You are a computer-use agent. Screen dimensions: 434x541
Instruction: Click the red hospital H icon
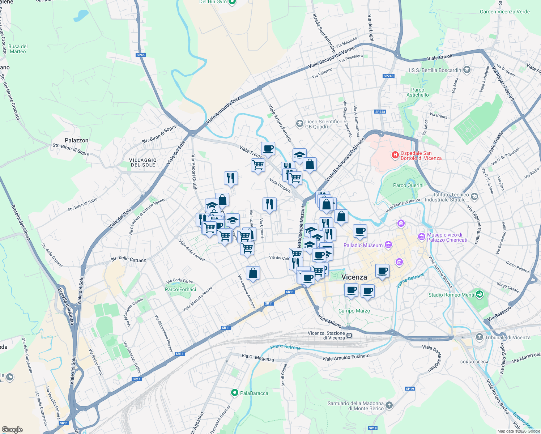[x=395, y=156]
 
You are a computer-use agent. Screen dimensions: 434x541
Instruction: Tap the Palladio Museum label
[x=363, y=245]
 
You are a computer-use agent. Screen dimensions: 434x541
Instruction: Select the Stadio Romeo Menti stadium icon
[x=480, y=294]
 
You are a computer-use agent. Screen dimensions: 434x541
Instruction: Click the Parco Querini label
[x=408, y=185]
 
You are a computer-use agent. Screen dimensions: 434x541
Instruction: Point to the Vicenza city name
[x=354, y=277]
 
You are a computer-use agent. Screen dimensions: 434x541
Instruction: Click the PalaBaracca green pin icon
[x=235, y=393]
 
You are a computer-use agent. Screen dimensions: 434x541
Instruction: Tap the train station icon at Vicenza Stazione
[x=349, y=335]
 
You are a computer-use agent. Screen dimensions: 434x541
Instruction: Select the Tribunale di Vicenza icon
[x=480, y=337]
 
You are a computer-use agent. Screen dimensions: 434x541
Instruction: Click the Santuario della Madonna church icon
[x=389, y=405]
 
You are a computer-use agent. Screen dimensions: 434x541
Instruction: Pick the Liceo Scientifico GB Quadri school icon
[x=299, y=124]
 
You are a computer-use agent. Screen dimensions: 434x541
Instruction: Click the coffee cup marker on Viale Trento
[x=268, y=148]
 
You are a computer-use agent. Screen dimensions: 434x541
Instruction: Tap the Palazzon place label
[x=76, y=140]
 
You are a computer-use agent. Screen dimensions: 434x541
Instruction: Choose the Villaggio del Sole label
[x=143, y=162]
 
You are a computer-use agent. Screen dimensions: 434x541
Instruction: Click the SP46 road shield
[x=140, y=55]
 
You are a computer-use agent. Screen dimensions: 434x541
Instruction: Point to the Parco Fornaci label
[x=180, y=289]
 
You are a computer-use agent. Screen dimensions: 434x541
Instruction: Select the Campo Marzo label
[x=354, y=311]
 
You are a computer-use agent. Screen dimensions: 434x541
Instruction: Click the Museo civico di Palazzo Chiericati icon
[x=421, y=237]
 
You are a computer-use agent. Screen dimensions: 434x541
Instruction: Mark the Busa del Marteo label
[x=18, y=49]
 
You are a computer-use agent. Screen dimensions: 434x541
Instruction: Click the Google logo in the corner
[x=12, y=430]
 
